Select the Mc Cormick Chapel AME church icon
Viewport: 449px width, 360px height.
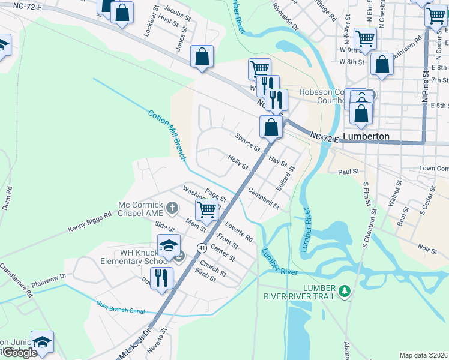172,208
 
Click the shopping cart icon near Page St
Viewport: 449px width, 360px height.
206,210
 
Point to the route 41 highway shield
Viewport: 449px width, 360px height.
199,247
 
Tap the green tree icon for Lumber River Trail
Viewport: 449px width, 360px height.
344,291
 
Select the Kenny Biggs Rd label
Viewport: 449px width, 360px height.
90,221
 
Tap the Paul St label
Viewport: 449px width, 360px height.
348,172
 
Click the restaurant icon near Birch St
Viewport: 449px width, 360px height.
161,278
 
